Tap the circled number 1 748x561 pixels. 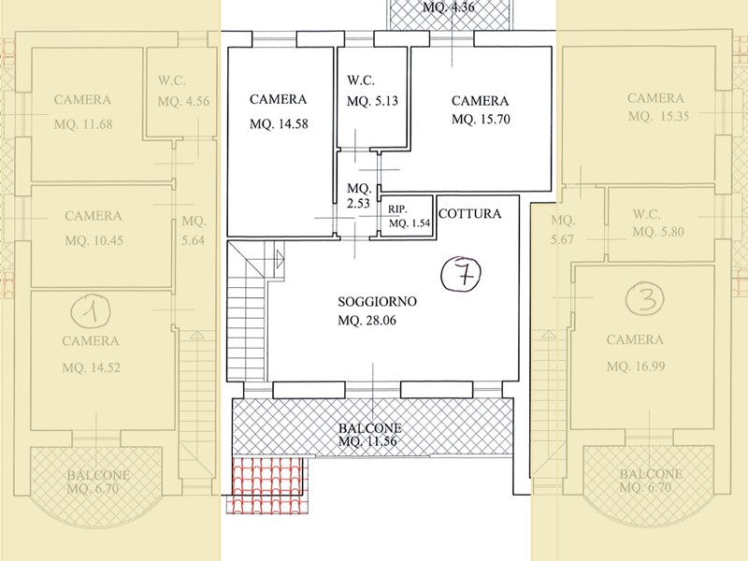(x=90, y=308)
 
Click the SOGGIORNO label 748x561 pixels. (x=377, y=302)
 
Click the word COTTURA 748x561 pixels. (x=469, y=213)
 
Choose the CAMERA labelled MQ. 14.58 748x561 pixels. (x=279, y=111)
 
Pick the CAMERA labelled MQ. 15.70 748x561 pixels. (x=480, y=109)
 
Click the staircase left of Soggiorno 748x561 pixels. (x=249, y=313)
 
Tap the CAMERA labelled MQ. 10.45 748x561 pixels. (x=93, y=229)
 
